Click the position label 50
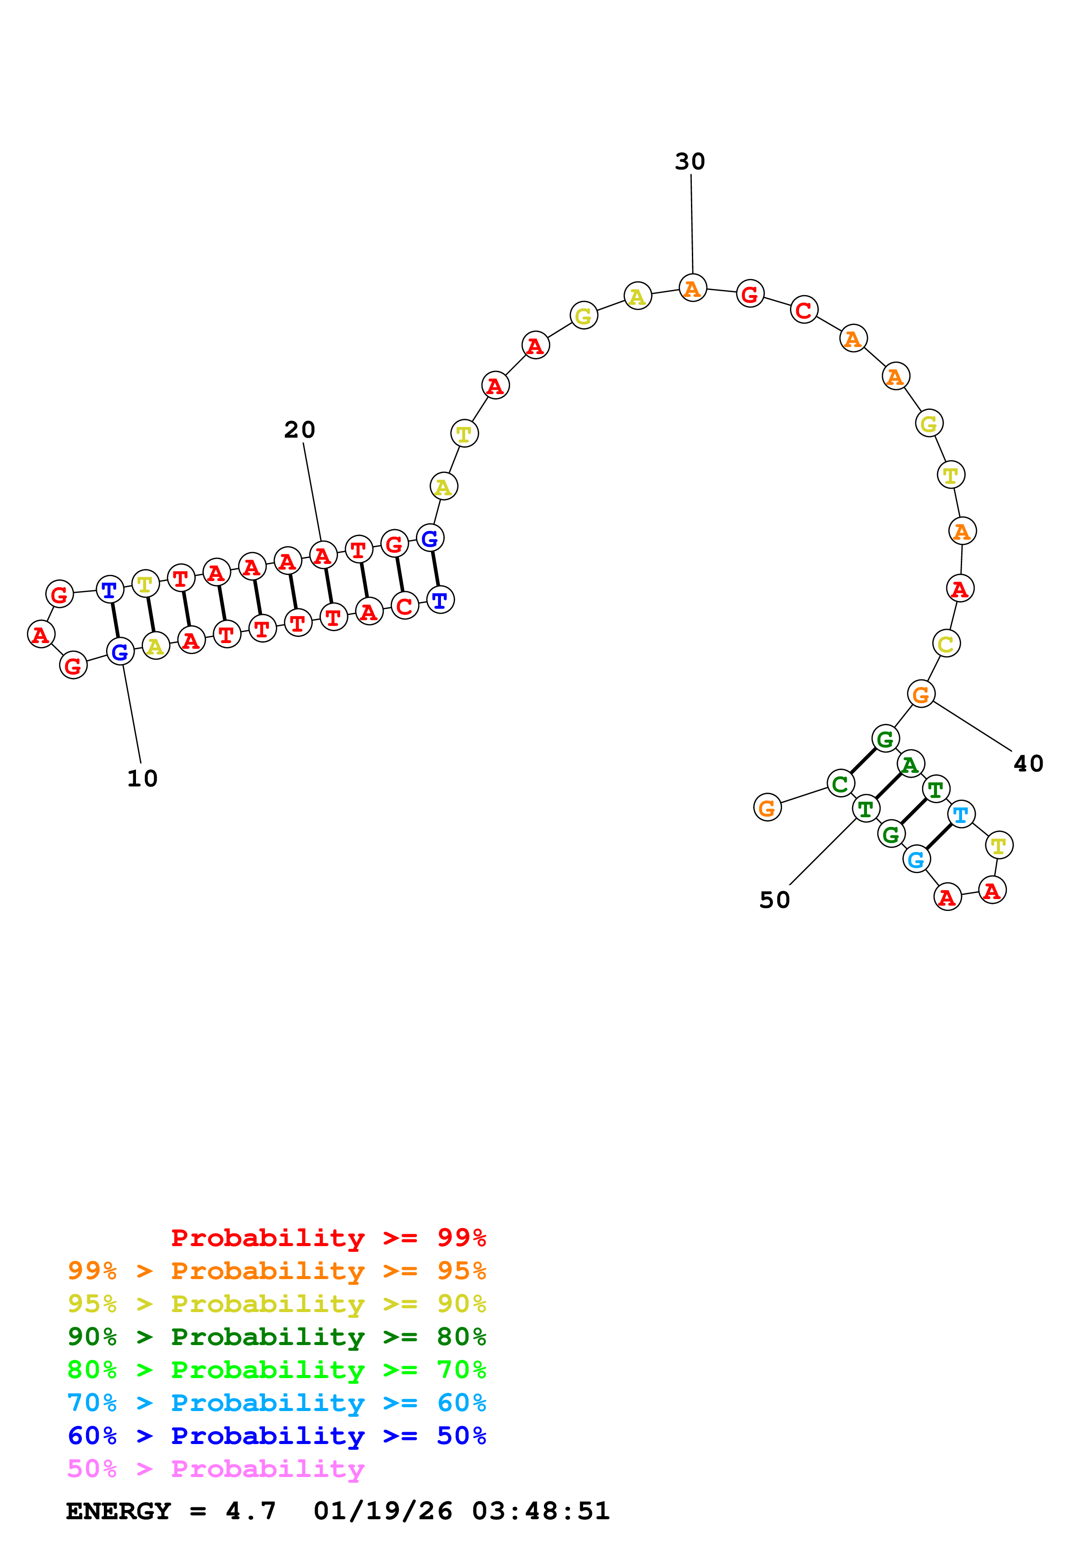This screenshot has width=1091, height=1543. tap(775, 900)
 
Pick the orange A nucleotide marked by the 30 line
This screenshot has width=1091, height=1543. tap(692, 288)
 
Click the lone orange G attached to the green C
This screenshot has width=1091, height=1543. tap(767, 808)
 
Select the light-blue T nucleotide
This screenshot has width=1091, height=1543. tap(961, 815)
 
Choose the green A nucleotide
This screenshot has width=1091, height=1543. tap(910, 764)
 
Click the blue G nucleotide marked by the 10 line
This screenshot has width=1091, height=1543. tap(120, 651)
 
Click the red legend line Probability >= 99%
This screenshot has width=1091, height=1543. tap(328, 1237)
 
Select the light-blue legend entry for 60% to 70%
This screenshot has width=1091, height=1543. tap(276, 1403)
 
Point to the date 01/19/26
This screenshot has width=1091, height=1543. tap(382, 1511)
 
